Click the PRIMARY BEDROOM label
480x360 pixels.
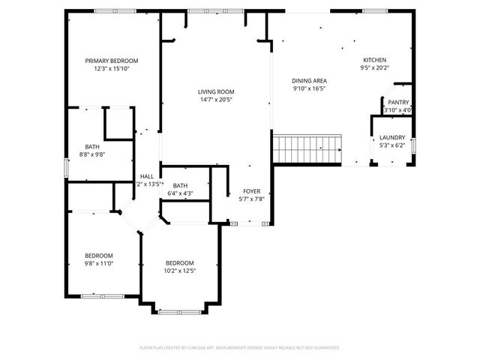point(111,61)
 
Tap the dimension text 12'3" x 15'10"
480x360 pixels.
point(111,69)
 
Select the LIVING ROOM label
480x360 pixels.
point(216,91)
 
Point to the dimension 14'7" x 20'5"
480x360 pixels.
point(216,100)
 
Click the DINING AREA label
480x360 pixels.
point(309,80)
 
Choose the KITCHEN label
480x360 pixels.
point(375,60)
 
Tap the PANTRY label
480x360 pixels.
point(398,102)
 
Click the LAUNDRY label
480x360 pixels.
point(391,137)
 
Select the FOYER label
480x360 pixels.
point(250,190)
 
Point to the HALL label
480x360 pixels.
point(146,176)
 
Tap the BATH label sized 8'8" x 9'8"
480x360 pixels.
point(91,146)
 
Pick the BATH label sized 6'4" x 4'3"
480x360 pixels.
point(180,185)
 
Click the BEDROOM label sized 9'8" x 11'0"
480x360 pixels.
point(98,255)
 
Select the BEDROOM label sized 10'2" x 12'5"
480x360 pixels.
point(180,262)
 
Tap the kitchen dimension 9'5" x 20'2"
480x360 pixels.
point(375,68)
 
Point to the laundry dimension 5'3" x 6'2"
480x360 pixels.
point(391,145)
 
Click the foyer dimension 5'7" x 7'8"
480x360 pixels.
point(250,199)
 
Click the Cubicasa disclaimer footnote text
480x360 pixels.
point(240,348)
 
